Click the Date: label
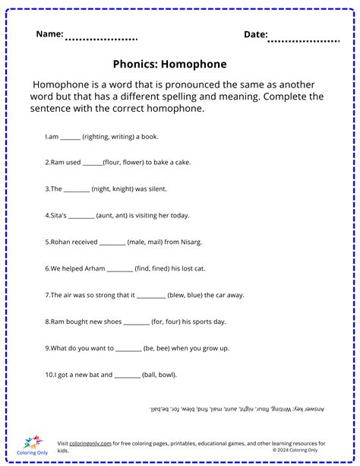[x=256, y=34]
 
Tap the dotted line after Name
[x=101, y=39]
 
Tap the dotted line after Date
[x=305, y=39]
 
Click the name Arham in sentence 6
[x=94, y=268]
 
